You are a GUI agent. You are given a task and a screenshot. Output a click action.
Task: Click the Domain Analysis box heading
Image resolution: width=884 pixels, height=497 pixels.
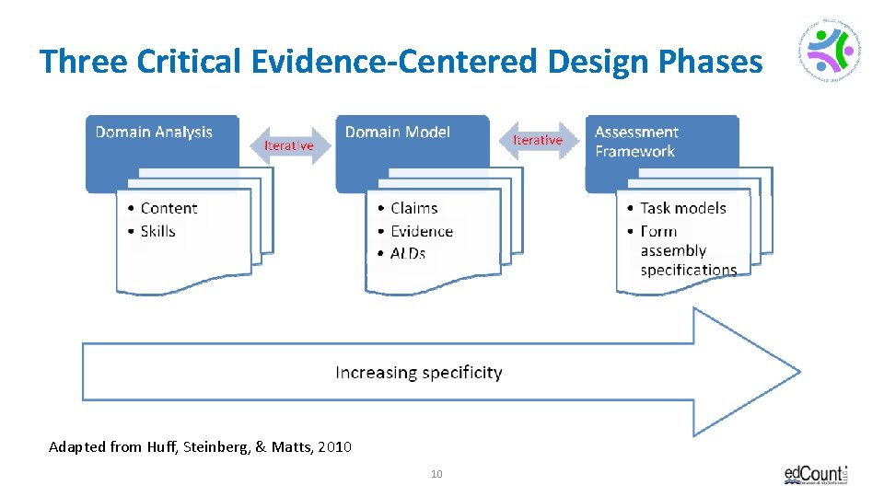tap(154, 133)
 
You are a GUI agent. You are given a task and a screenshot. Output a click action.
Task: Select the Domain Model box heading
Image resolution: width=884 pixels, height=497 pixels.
tap(397, 133)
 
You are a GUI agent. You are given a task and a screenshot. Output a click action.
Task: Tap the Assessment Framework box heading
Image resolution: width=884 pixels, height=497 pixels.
tap(636, 142)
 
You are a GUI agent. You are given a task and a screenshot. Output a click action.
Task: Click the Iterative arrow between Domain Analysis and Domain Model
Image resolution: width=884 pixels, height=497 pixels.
tap(289, 145)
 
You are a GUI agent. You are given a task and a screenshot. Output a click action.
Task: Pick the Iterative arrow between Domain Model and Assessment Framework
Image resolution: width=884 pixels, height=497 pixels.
tap(537, 140)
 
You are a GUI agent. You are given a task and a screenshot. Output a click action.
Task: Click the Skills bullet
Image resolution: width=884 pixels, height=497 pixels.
tap(157, 231)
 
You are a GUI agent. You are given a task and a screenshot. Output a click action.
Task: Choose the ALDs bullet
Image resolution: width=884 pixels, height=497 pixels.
tap(407, 253)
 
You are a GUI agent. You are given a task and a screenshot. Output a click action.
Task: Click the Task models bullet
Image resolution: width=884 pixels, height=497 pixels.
tap(682, 208)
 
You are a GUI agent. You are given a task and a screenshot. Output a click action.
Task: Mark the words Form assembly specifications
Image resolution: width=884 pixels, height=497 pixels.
tap(688, 250)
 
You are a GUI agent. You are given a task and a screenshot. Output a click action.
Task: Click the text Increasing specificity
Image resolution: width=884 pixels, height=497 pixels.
tap(418, 373)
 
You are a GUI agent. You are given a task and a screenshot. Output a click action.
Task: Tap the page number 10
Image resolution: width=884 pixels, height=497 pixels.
tap(436, 474)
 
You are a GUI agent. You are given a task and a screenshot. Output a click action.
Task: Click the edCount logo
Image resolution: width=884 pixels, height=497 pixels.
tap(816, 474)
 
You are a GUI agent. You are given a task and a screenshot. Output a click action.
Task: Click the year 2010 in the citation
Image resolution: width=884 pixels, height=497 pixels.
tap(332, 447)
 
